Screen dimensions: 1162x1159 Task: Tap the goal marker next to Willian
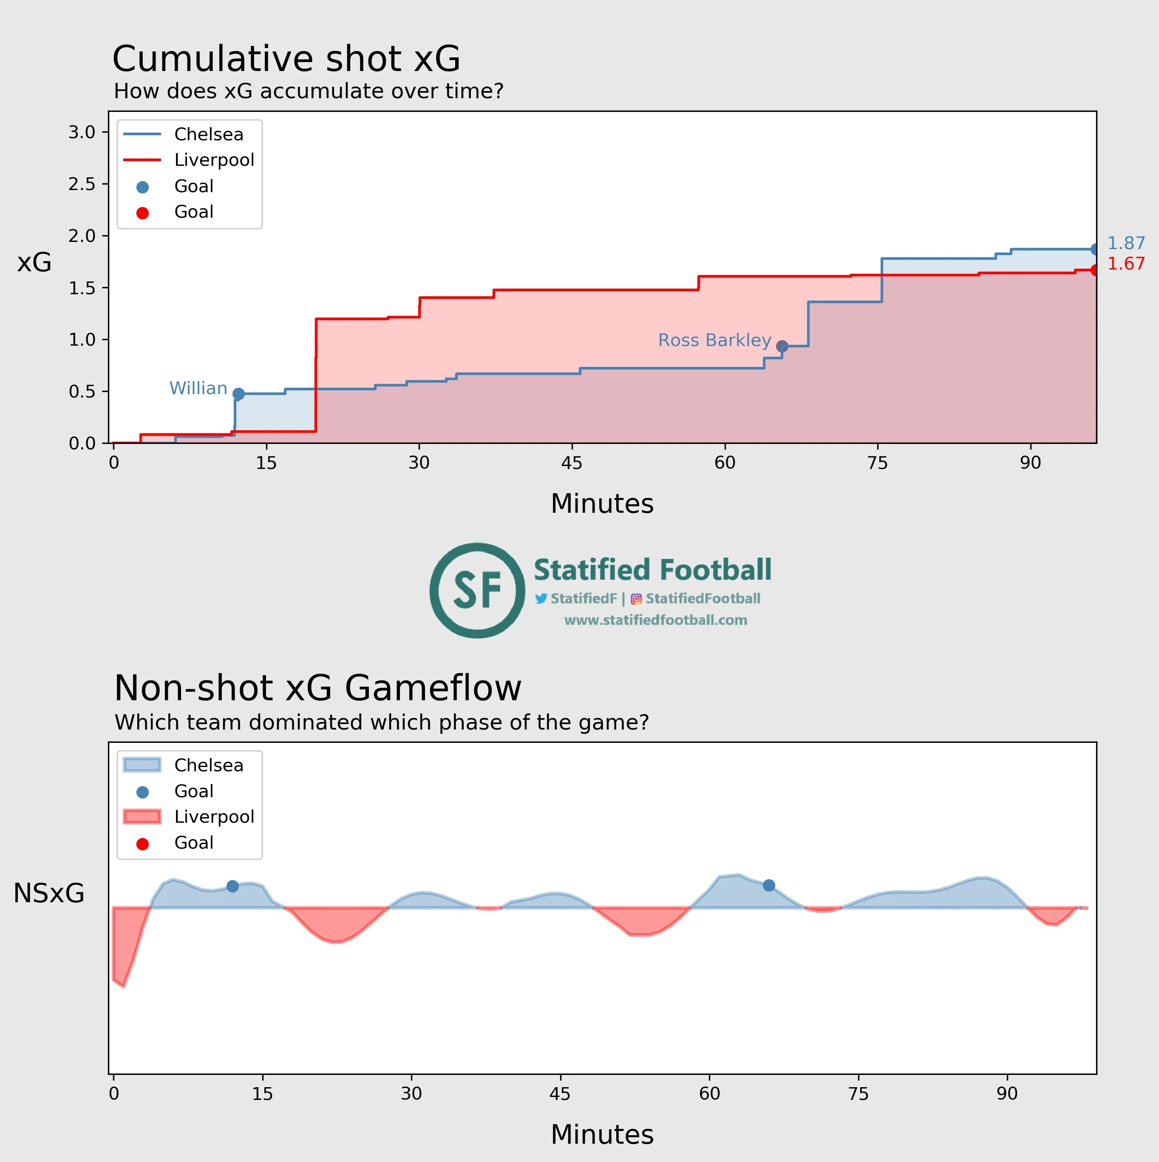[x=238, y=394]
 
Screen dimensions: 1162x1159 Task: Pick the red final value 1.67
[x=1126, y=264]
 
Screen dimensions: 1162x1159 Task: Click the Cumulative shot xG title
[x=286, y=59]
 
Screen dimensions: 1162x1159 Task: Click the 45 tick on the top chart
[x=572, y=463]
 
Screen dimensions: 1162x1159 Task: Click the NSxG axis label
[x=49, y=893]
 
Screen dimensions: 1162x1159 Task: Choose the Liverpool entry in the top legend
[x=214, y=160]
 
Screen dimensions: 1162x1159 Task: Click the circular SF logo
[x=477, y=590]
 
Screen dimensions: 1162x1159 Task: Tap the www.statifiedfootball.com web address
[x=655, y=620]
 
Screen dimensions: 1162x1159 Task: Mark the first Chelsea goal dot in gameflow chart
[x=232, y=886]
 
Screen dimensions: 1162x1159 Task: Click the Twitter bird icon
[x=541, y=599]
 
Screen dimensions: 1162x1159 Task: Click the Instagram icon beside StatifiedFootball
[x=636, y=599]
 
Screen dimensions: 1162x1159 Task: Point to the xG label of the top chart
[x=34, y=262]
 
